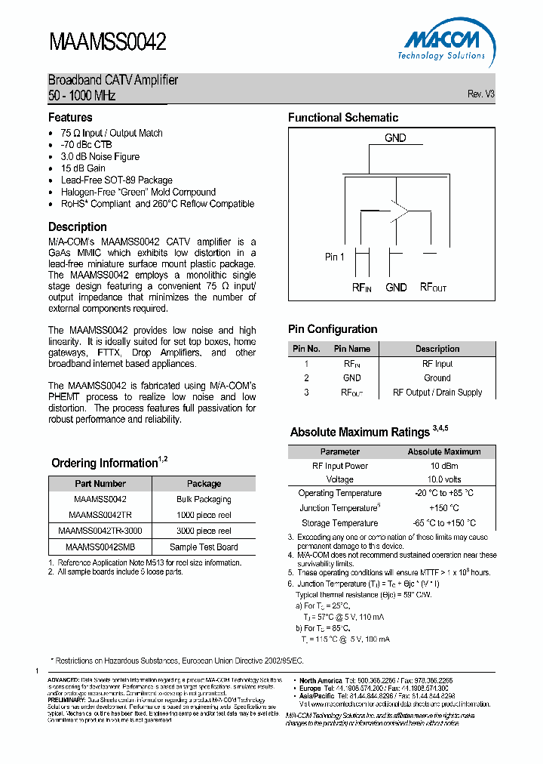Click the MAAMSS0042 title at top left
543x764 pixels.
[107, 42]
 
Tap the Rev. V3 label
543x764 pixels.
[480, 94]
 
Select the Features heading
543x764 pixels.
[70, 117]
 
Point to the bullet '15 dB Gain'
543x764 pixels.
[83, 168]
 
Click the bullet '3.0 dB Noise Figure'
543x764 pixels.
[100, 156]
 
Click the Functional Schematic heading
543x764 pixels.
[343, 117]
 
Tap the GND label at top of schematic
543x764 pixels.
[395, 137]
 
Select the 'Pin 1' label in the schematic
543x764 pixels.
[335, 257]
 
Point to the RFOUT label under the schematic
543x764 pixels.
[433, 288]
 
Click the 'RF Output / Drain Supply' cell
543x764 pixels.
[437, 393]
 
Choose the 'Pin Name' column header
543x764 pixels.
[352, 349]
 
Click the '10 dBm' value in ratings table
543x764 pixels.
[443, 466]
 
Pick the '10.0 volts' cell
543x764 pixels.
[443, 479]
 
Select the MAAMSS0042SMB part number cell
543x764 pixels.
[100, 547]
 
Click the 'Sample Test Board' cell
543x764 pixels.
[204, 547]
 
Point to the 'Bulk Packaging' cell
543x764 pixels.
[204, 499]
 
